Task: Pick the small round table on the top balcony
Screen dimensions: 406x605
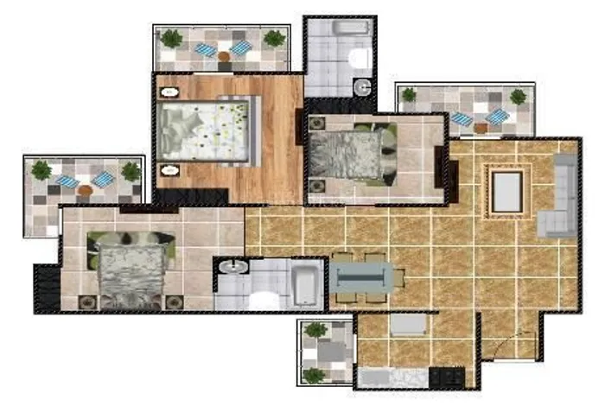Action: coord(224,57)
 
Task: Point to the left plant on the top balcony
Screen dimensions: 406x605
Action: coord(172,38)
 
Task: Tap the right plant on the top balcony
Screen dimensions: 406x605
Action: coord(274,38)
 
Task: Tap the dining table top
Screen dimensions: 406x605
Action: coord(365,277)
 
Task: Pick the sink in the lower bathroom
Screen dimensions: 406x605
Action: coord(229,267)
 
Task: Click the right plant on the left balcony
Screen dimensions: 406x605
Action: coord(131,171)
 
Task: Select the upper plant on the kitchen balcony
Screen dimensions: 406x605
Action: coord(315,330)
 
